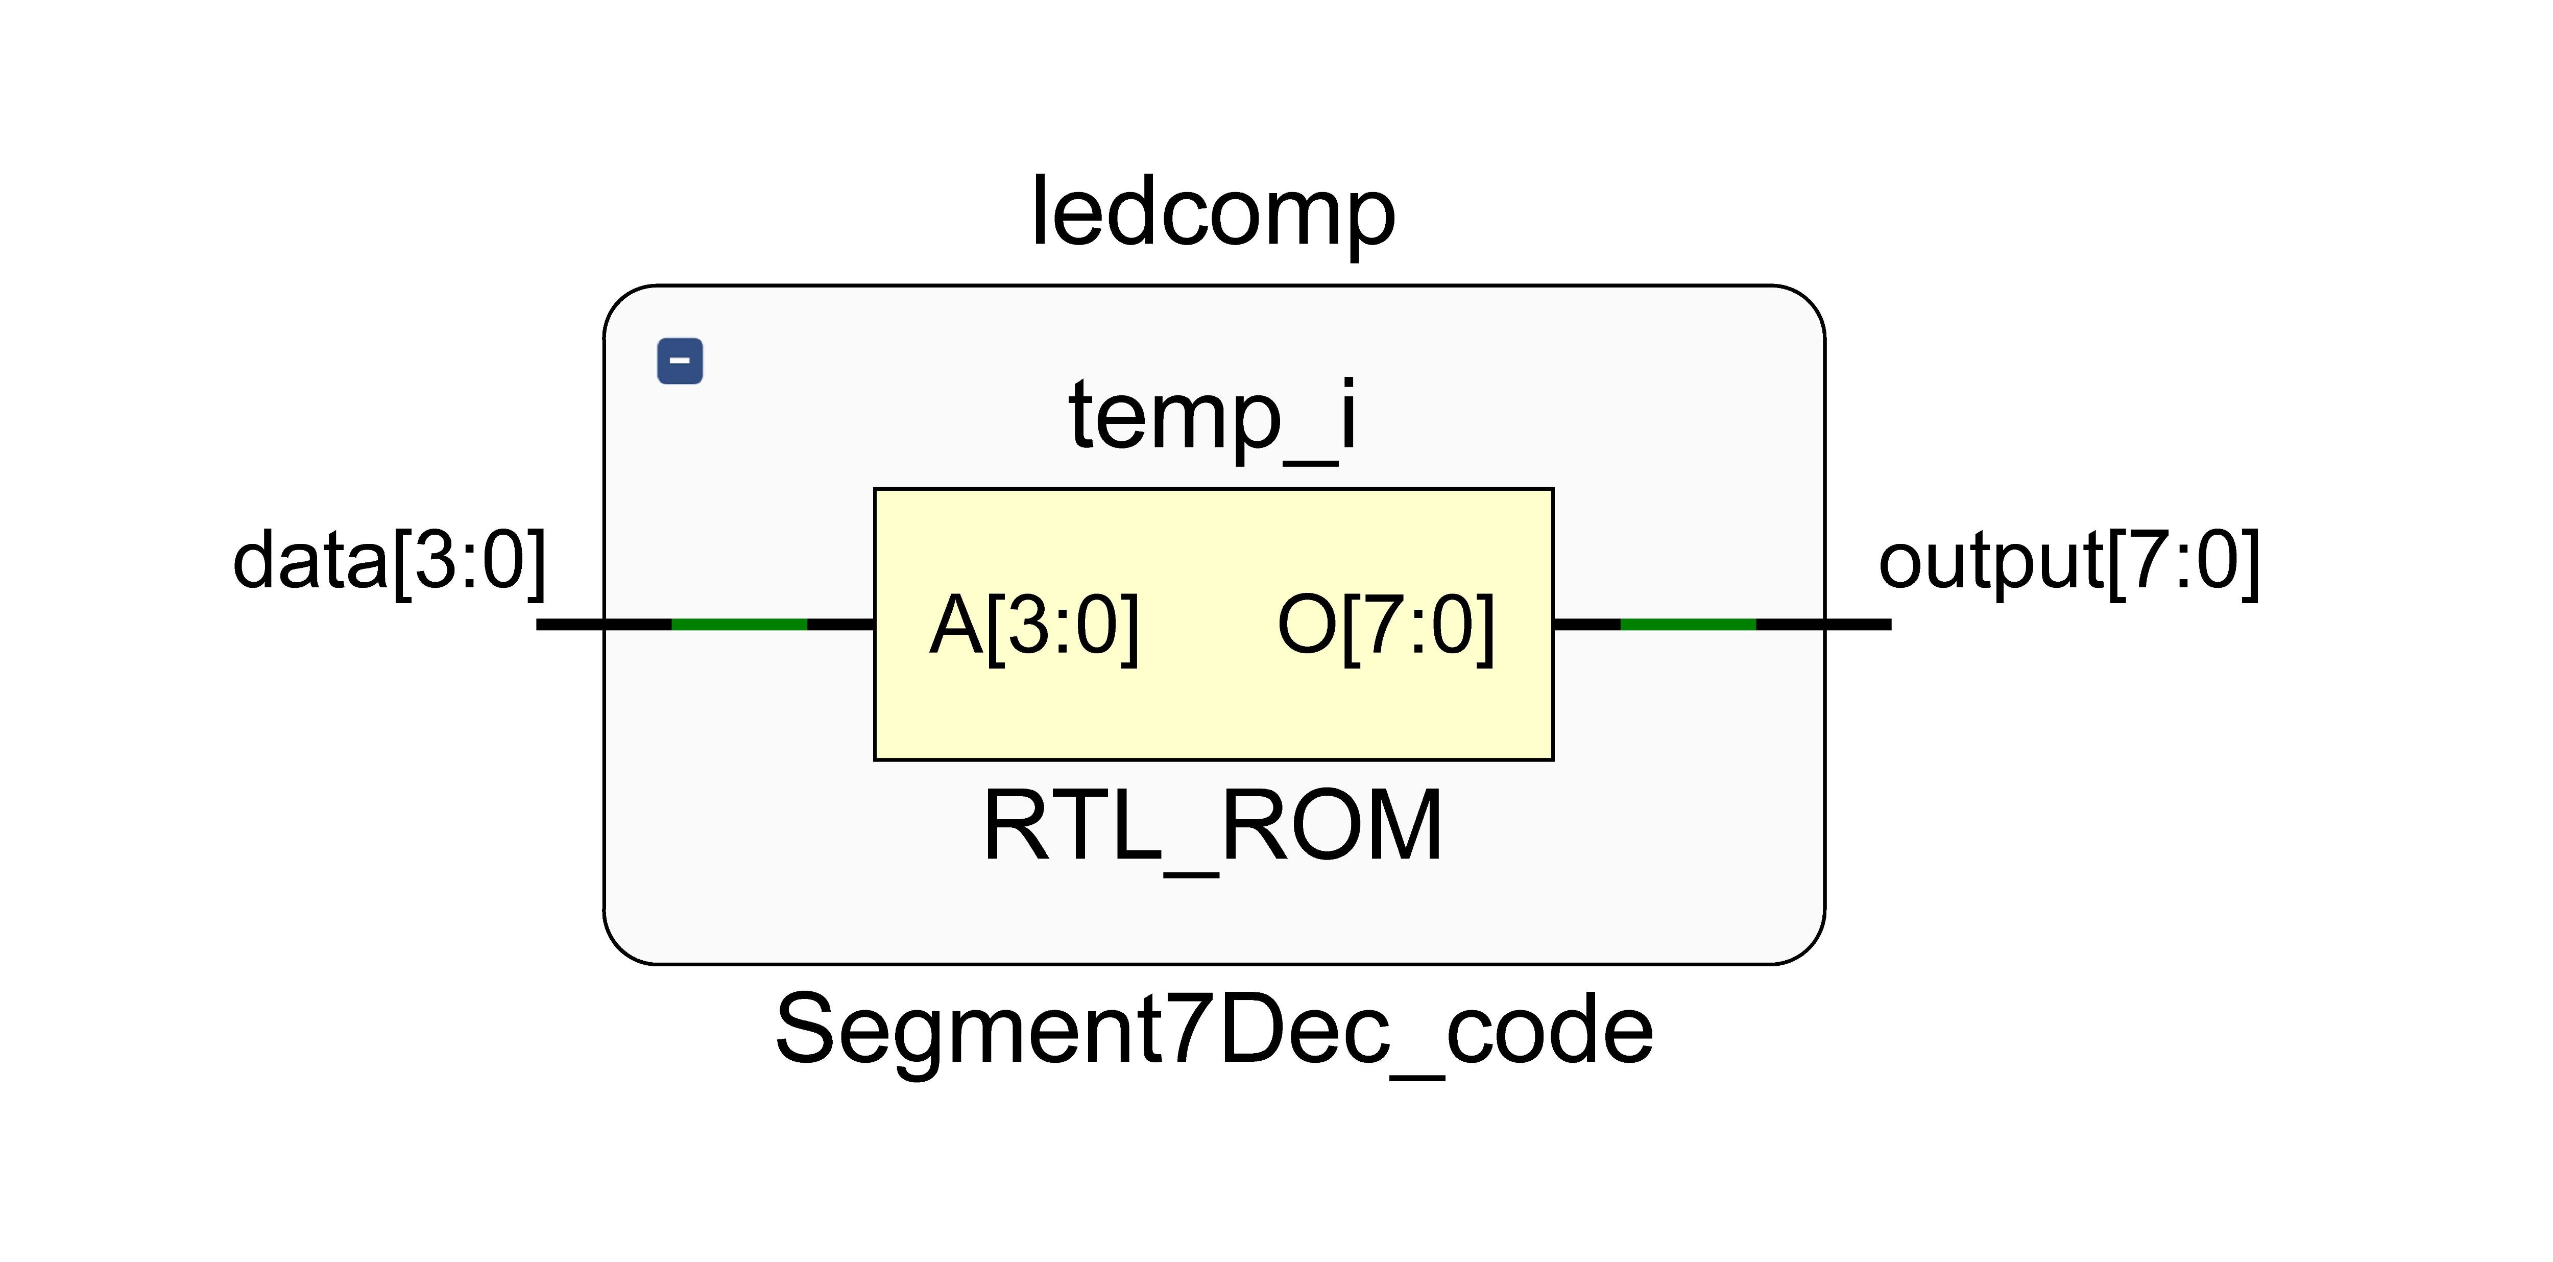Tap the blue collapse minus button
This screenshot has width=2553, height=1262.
click(x=680, y=361)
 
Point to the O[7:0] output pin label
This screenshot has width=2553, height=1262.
click(x=1386, y=626)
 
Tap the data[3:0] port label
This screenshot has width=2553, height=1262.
click(x=389, y=561)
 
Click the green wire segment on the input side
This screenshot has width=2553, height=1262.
click(x=739, y=625)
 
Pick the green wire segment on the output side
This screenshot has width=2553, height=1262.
click(x=1688, y=625)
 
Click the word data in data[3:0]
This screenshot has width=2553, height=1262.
click(x=310, y=561)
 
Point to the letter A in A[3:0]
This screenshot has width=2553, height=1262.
click(x=956, y=626)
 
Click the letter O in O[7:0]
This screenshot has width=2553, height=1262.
click(x=1306, y=626)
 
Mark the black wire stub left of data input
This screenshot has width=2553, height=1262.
click(x=570, y=625)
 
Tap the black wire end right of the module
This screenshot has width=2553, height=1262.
click(x=1858, y=625)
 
